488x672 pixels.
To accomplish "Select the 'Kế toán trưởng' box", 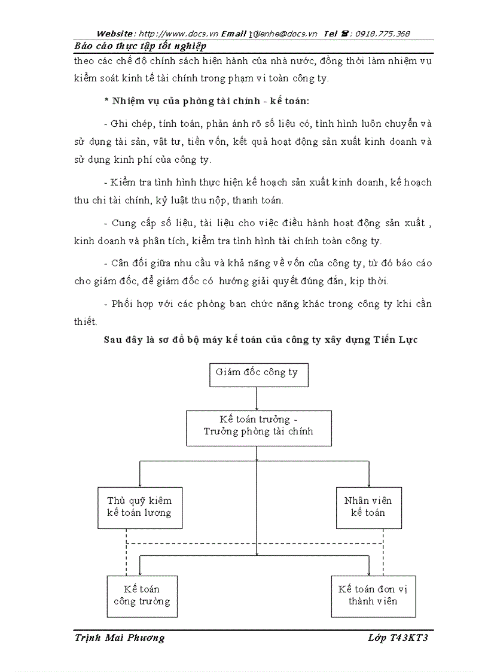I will pos(258,427).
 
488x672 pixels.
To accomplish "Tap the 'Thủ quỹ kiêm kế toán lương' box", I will pos(139,507).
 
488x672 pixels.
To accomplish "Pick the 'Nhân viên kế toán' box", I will pos(368,507).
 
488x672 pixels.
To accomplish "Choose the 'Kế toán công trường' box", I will pos(142,595).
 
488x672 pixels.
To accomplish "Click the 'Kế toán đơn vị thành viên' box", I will pos(373,595).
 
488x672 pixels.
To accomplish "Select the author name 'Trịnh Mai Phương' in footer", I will pos(120,638).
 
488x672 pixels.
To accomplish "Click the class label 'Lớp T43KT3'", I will pos(398,638).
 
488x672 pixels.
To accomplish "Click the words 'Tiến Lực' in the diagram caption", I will pos(396,340).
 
